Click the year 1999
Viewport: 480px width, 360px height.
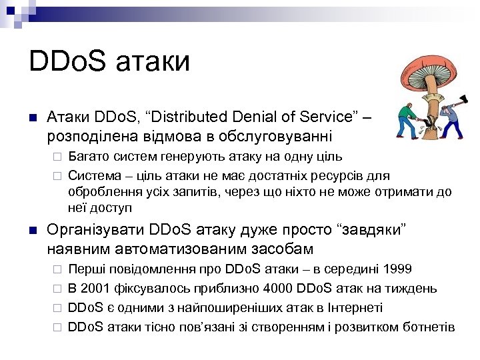coord(397,270)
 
